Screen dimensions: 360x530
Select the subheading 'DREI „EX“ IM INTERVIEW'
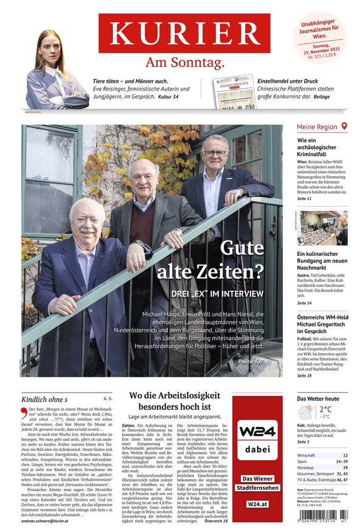click(x=217, y=293)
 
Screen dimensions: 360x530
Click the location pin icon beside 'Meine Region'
click(x=344, y=126)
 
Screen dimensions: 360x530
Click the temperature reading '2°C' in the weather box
click(x=326, y=409)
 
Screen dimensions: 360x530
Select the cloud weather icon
click(x=306, y=413)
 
